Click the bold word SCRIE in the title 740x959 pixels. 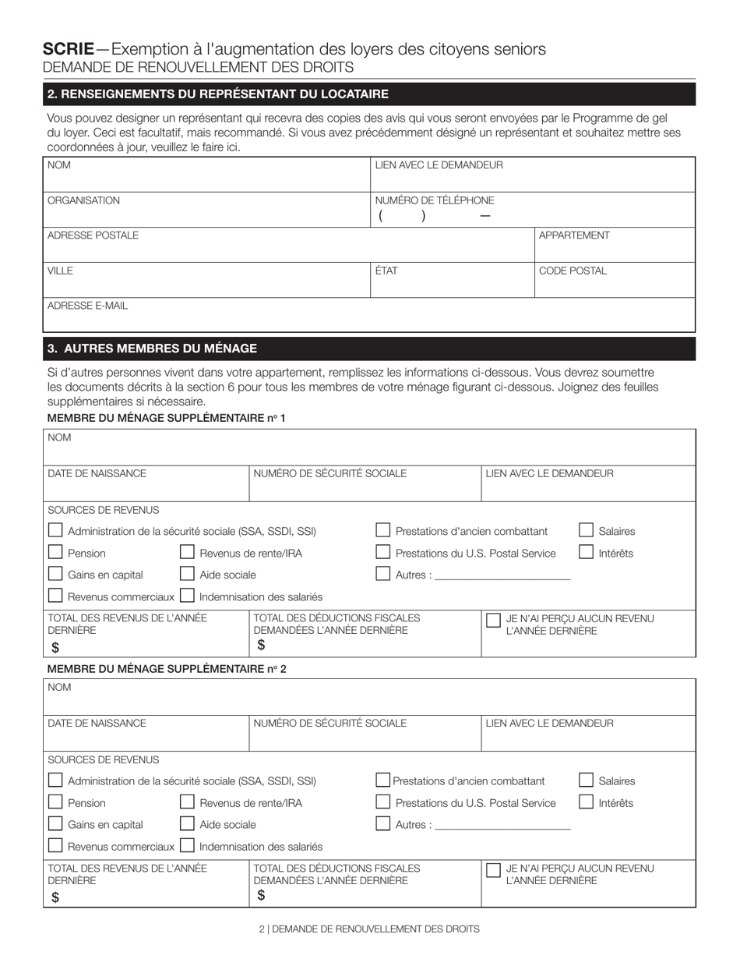coord(69,49)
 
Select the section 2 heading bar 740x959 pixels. coord(368,94)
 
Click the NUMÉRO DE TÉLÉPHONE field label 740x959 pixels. coord(434,200)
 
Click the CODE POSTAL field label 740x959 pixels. coord(573,271)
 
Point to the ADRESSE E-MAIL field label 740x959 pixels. coord(87,306)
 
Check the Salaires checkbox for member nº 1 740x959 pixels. coord(587,530)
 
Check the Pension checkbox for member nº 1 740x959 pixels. coord(55,552)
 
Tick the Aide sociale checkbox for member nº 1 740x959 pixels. coord(187,574)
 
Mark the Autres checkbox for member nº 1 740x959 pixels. coord(382,574)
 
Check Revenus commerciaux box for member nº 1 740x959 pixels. coord(55,596)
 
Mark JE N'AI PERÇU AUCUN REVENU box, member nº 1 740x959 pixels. coord(493,620)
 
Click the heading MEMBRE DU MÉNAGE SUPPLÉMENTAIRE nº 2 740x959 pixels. coord(167,669)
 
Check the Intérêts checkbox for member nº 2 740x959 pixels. coord(587,802)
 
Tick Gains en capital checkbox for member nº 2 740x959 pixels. coord(55,823)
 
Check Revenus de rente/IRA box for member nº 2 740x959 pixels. coord(187,802)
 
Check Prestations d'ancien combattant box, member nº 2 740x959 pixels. coord(382,780)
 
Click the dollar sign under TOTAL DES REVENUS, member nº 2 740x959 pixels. coord(55,897)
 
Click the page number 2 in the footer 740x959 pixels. coord(262,929)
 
